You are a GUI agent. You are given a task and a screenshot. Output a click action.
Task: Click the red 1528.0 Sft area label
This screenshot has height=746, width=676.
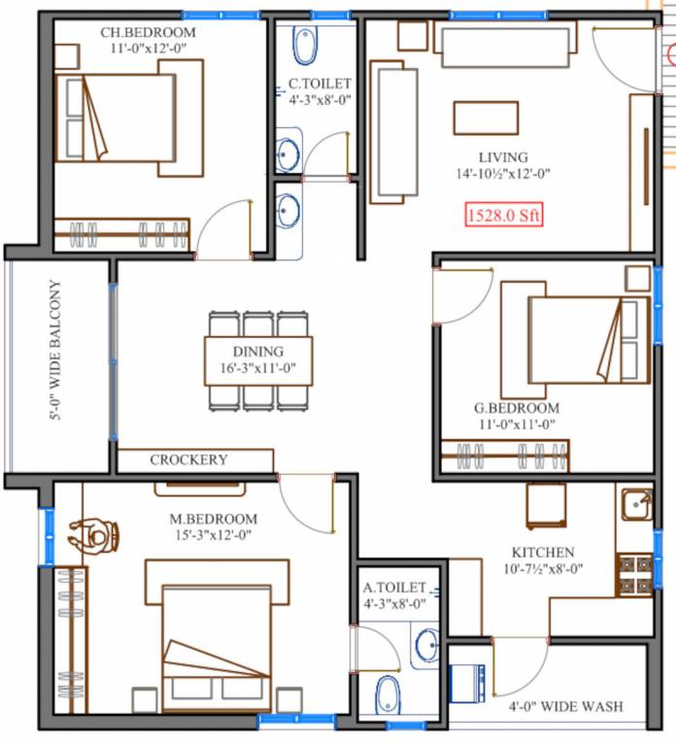pos(503,214)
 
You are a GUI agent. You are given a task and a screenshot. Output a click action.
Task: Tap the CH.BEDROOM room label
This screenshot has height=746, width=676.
pos(148,32)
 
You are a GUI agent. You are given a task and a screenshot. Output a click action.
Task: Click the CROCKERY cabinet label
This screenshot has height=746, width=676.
pos(188,459)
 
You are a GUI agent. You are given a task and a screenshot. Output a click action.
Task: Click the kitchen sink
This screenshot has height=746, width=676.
pos(636,504)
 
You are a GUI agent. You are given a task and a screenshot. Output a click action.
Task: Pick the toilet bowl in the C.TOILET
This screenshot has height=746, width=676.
pos(304,43)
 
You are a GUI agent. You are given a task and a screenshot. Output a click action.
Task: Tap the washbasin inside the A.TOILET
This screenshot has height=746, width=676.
pos(424,645)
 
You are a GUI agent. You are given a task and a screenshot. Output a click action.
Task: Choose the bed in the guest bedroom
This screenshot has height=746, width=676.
pos(587,339)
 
